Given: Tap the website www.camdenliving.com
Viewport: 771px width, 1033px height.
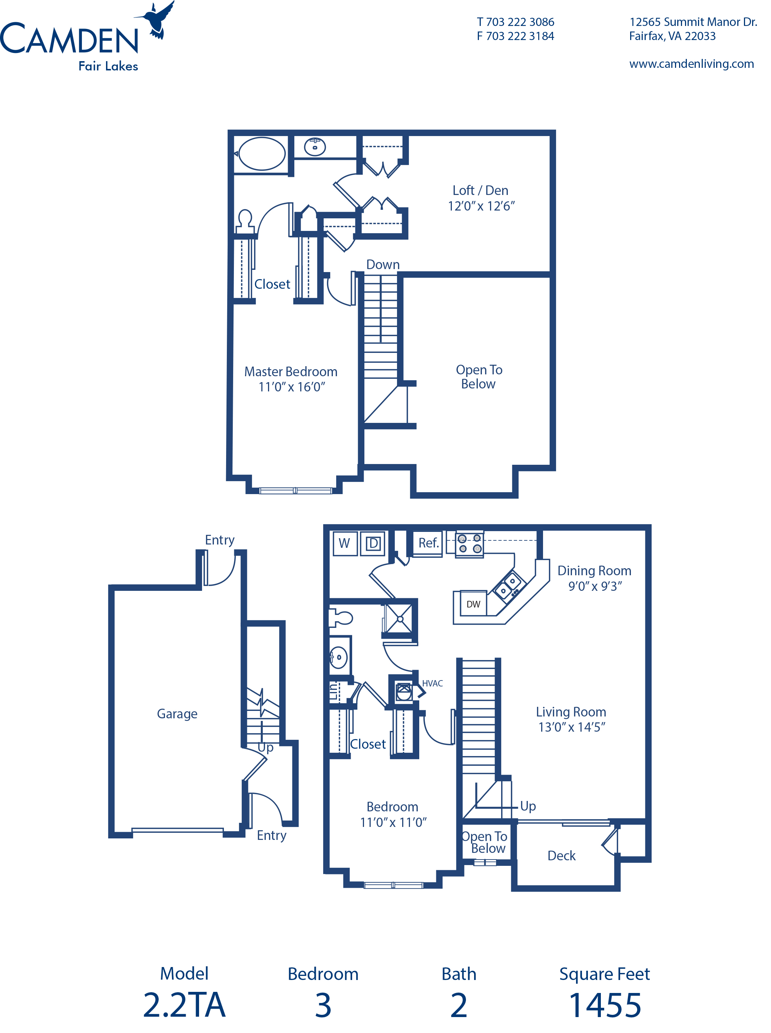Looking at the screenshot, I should point(691,64).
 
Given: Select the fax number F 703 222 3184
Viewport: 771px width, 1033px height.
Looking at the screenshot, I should point(515,36).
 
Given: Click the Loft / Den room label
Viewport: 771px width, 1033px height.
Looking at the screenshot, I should point(480,191).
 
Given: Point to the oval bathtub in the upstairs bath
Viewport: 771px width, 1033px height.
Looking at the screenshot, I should point(261,153).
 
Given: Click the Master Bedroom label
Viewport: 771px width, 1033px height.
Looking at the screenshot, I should point(291,371).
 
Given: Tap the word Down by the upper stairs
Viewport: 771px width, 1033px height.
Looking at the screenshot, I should point(383,265).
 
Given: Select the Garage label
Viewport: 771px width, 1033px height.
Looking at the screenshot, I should point(177,714).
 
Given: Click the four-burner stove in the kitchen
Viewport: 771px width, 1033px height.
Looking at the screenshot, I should point(470,544).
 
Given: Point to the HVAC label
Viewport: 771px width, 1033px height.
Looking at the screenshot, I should point(432,683).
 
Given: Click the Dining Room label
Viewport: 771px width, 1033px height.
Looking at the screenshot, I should point(594,571).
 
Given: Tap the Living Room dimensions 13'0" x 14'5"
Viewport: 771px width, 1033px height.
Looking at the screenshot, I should point(571,727).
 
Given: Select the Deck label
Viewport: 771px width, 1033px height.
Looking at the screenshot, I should point(562,856).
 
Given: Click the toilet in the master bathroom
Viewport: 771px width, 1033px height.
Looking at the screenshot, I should point(245,220).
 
